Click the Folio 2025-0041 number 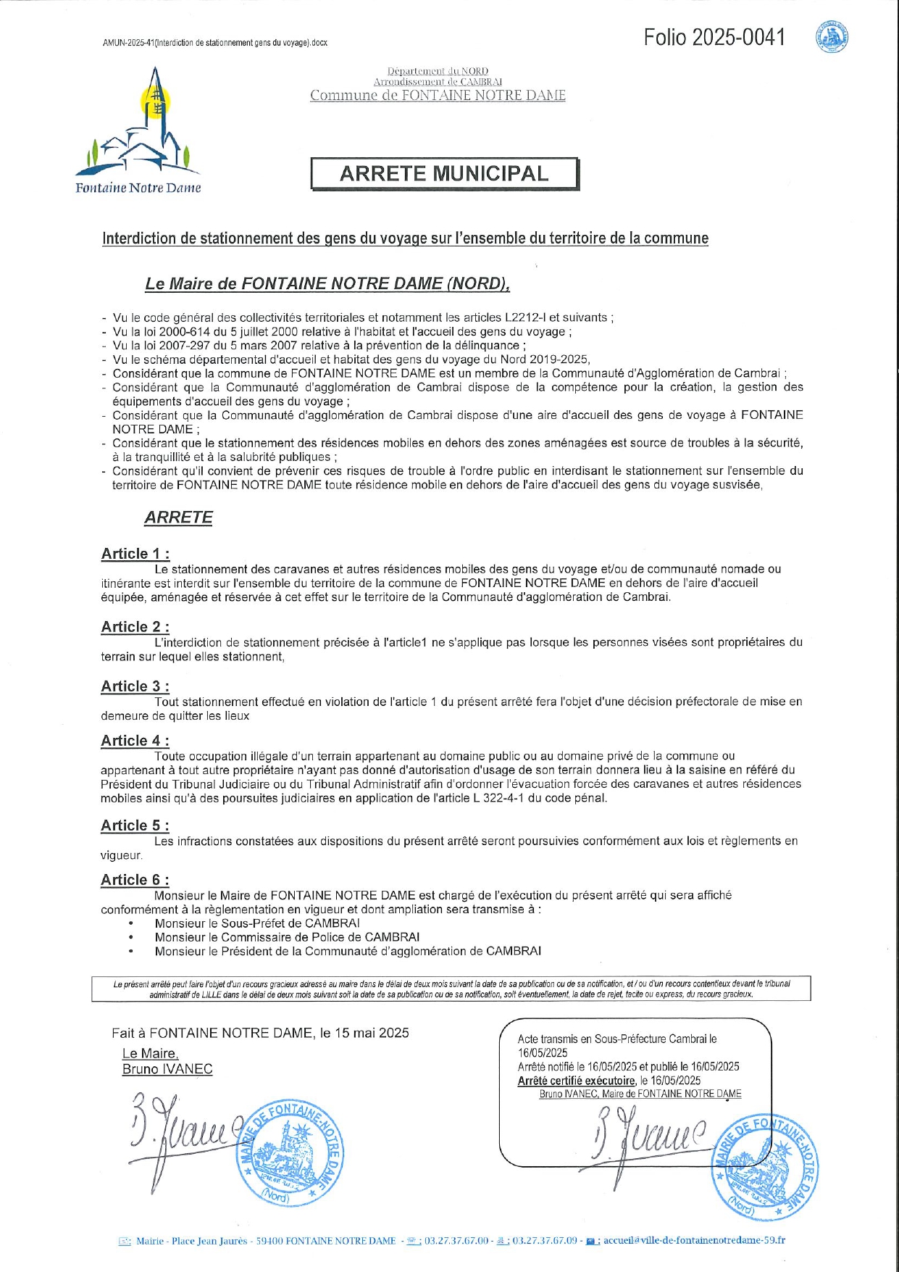pyautogui.click(x=714, y=38)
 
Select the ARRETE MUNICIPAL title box pyautogui.click(x=445, y=174)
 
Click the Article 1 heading pyautogui.click(x=135, y=554)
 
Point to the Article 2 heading pyautogui.click(x=135, y=627)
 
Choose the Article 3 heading pyautogui.click(x=135, y=686)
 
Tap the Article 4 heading pyautogui.click(x=135, y=741)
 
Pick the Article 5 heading pyautogui.click(x=135, y=826)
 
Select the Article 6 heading pyautogui.click(x=135, y=880)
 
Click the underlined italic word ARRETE pyautogui.click(x=178, y=517)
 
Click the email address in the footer pyautogui.click(x=694, y=1240)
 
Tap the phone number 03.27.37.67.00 pyautogui.click(x=456, y=1240)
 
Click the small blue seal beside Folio pyautogui.click(x=833, y=37)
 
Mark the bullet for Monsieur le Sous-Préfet pyautogui.click(x=131, y=923)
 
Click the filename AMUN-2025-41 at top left pyautogui.click(x=215, y=43)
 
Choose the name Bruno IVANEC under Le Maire pyautogui.click(x=167, y=1069)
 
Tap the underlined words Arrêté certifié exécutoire pyautogui.click(x=577, y=1081)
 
